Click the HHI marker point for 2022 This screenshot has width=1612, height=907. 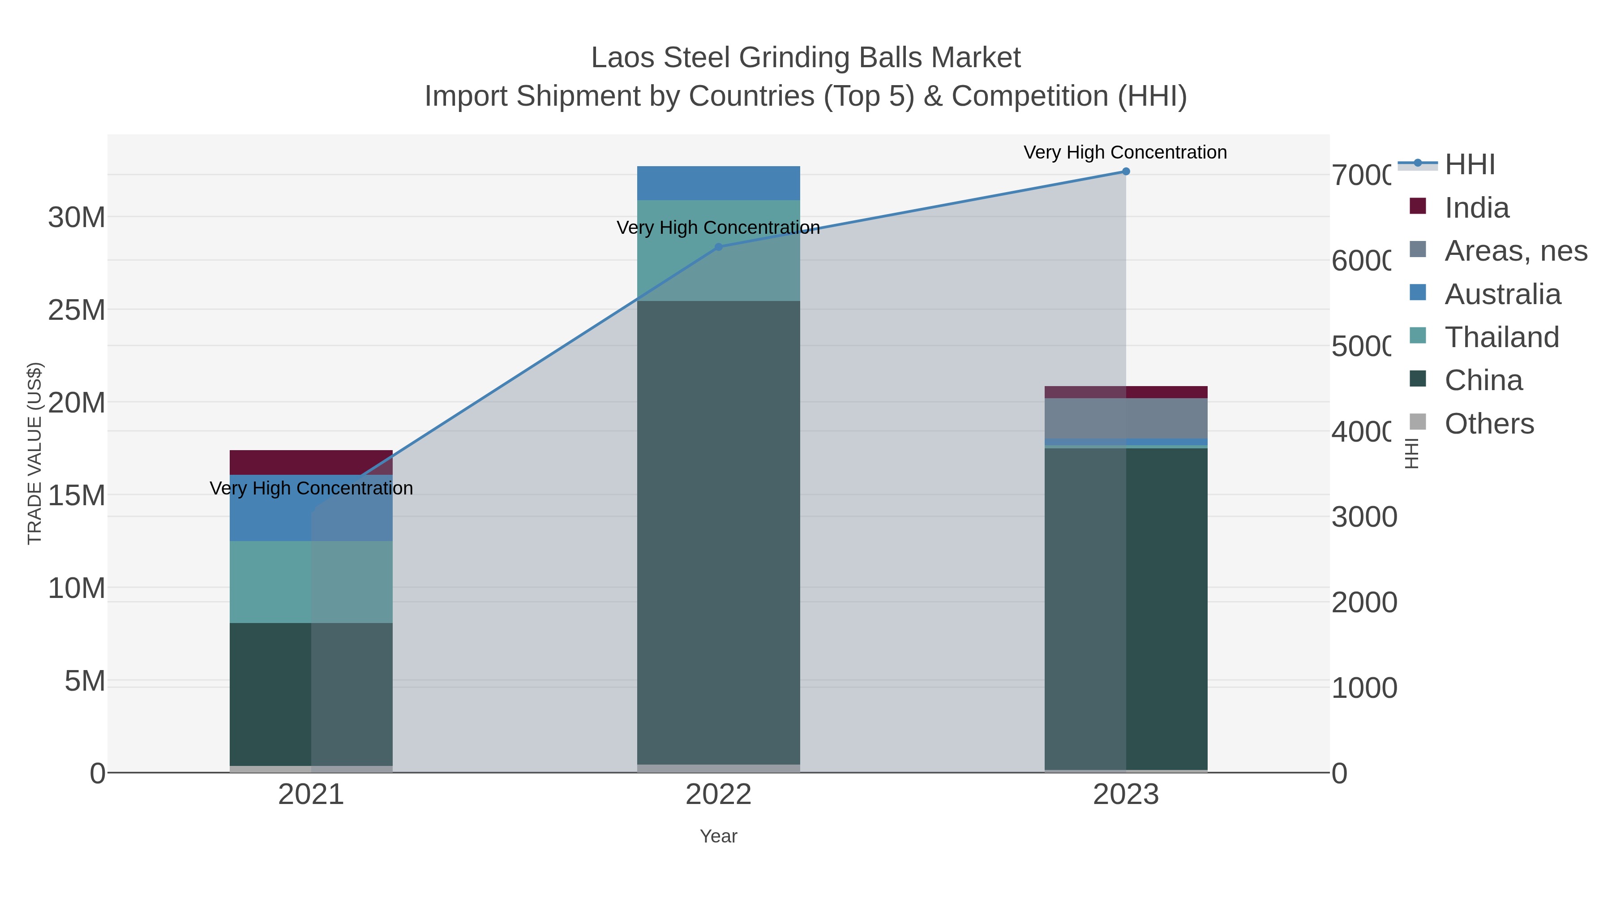[718, 247]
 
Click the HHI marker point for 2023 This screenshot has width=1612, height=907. [1126, 172]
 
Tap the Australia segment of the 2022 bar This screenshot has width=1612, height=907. [718, 183]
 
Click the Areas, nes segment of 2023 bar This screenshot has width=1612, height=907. [1126, 418]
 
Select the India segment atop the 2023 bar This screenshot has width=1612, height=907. [1126, 392]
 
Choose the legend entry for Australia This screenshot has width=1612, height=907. [1502, 294]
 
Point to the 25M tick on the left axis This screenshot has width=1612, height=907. [76, 310]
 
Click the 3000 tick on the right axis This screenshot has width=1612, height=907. [1364, 517]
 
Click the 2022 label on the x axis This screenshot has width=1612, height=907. [718, 795]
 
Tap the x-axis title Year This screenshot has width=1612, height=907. [718, 836]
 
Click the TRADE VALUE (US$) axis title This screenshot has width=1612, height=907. [34, 453]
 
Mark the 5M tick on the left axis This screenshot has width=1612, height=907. [85, 681]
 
